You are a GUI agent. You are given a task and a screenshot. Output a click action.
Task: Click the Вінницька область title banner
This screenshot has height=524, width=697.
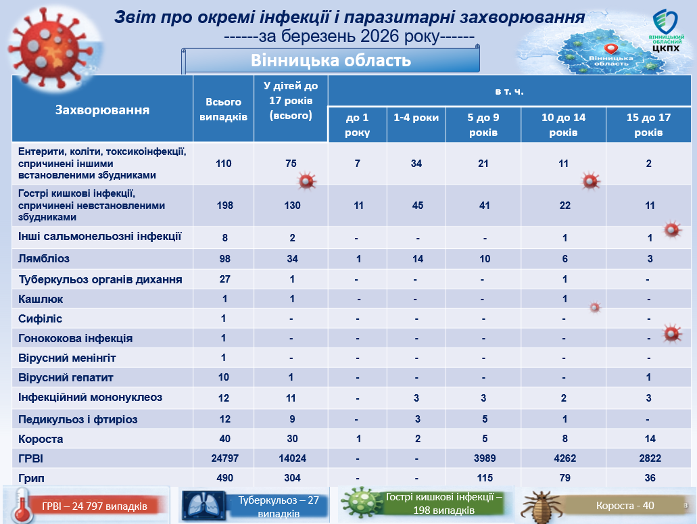331,61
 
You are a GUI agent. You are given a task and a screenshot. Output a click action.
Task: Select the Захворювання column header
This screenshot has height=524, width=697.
102,110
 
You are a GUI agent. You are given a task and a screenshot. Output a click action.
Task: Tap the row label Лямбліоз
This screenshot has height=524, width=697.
44,258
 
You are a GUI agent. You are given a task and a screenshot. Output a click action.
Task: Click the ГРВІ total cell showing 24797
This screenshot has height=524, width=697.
223,458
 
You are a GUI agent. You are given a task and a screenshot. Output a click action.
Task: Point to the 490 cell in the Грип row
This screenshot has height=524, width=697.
223,478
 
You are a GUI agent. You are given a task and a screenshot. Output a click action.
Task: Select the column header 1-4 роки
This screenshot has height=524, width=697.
416,118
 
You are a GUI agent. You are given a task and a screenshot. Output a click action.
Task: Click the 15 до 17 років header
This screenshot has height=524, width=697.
648,124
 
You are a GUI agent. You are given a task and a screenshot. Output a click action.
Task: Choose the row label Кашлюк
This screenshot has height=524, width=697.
41,299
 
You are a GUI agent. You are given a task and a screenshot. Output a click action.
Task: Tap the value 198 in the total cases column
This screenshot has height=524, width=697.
223,206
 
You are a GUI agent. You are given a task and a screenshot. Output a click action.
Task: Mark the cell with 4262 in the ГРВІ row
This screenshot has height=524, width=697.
563,458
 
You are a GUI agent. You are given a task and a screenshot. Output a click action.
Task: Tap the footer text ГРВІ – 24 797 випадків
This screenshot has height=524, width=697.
94,506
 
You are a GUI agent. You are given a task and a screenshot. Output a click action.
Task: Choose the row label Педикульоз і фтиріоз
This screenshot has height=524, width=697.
78,419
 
